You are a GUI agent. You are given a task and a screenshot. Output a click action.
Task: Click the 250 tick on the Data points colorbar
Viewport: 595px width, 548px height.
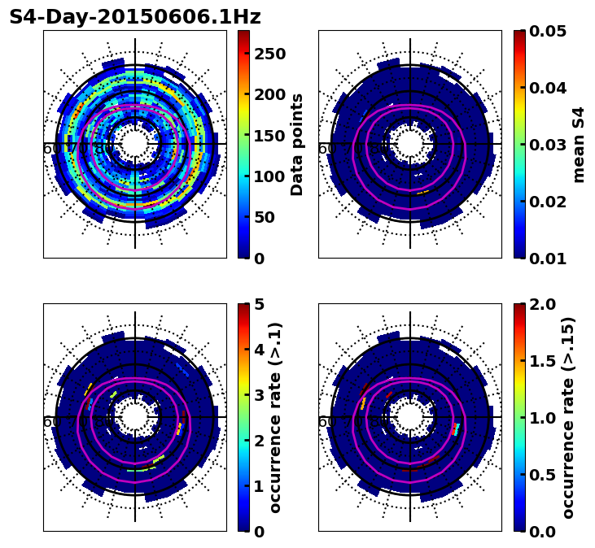tap(269, 54)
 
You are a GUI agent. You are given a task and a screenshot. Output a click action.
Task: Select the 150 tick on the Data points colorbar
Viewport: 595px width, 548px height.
tap(269, 135)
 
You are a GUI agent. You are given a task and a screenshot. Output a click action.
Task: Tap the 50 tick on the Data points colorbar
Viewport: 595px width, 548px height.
tap(265, 217)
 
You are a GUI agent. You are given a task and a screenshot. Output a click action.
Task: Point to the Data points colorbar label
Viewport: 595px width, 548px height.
tap(297, 144)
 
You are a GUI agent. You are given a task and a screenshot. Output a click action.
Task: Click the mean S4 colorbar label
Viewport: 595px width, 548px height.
tap(579, 144)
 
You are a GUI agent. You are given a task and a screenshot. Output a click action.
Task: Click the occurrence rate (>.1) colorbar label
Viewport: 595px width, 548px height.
tap(275, 417)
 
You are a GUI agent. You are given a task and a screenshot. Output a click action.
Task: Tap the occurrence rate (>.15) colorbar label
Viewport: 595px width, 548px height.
tap(568, 417)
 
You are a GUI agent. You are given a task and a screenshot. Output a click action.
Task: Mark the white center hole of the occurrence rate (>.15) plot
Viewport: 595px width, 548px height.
tap(410, 417)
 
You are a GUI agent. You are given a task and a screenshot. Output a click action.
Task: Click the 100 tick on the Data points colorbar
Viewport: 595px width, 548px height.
tap(269, 176)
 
